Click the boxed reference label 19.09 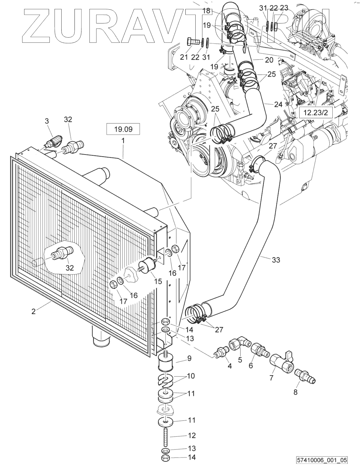(x=123, y=130)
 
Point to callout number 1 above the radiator (x=123, y=140)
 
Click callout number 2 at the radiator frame (x=33, y=311)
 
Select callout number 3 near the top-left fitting (x=47, y=121)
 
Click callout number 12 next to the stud (x=191, y=435)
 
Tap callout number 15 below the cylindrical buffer (x=158, y=281)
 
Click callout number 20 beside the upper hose (x=269, y=60)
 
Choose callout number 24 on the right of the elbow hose (x=278, y=104)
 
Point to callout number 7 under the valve (x=271, y=378)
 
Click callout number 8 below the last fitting (x=295, y=392)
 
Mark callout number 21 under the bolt (x=184, y=57)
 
